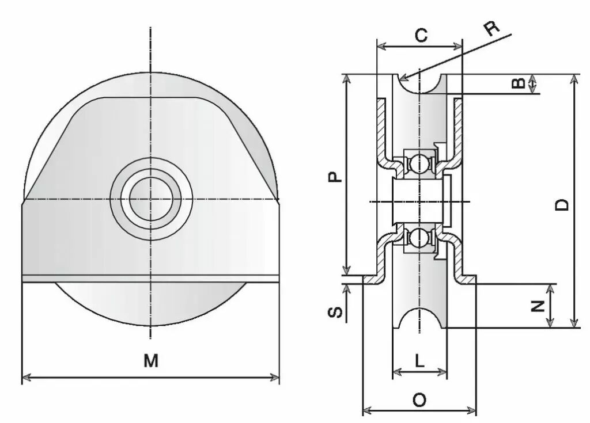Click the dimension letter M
tap(151, 360)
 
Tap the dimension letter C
tap(421, 35)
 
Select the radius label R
tap(491, 28)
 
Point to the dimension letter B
tap(519, 83)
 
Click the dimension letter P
tap(335, 177)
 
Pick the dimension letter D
tap(562, 205)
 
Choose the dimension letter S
tap(335, 312)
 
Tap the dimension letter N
tap(538, 306)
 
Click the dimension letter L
tap(419, 361)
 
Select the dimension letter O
tap(419, 399)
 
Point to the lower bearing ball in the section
tap(419, 237)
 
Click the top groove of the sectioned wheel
tap(419, 85)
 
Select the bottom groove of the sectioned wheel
tap(419, 318)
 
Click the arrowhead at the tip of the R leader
tap(404, 78)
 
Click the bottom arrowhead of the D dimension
tap(574, 323)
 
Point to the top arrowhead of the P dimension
tap(346, 79)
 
